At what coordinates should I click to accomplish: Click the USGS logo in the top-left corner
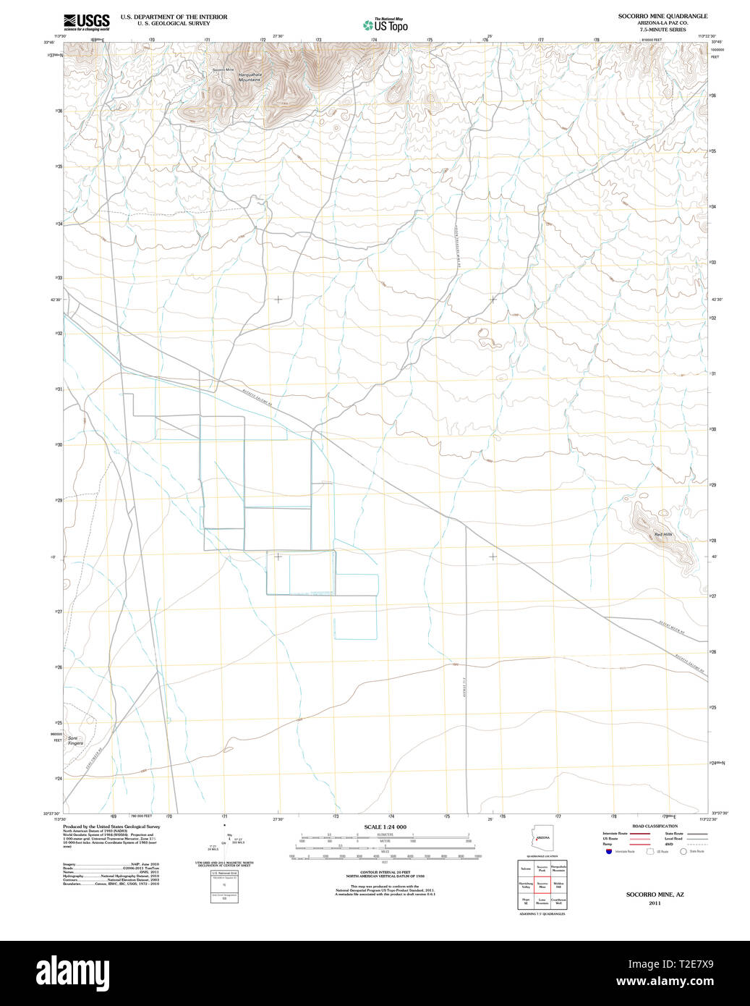(86, 21)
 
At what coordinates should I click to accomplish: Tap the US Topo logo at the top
(385, 25)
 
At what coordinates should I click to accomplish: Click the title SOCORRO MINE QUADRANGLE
(662, 16)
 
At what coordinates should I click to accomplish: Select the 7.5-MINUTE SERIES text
(662, 29)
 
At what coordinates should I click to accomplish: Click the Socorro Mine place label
(223, 69)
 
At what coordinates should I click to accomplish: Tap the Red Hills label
(662, 534)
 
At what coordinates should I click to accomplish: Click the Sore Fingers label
(76, 740)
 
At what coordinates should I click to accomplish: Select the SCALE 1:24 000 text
(385, 827)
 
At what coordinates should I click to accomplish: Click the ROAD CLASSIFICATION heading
(655, 826)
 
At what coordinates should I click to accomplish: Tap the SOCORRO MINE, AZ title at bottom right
(655, 895)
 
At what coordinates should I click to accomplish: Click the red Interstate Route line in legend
(639, 834)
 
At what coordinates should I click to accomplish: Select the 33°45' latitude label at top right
(716, 42)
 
